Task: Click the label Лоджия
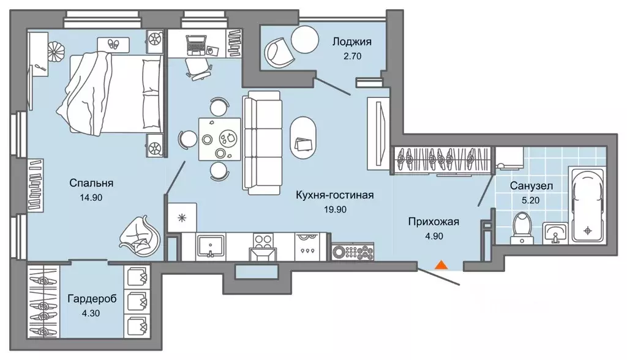point(351,42)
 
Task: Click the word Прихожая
point(434,222)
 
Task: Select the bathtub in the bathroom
point(587,204)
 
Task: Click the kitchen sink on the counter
point(212,245)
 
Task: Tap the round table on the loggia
point(304,40)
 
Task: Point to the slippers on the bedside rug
point(114,43)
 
